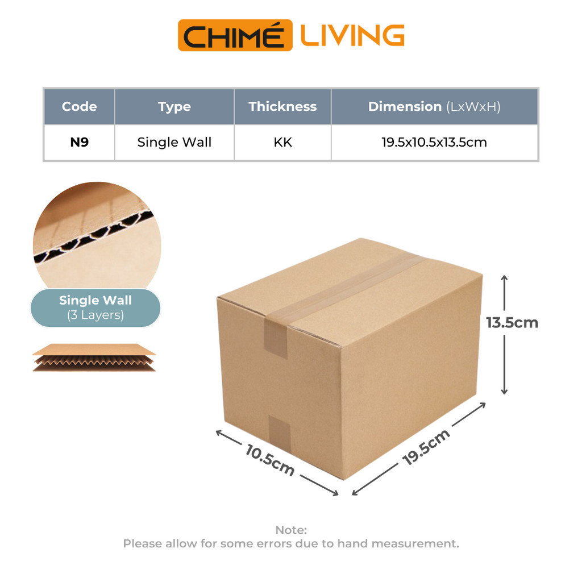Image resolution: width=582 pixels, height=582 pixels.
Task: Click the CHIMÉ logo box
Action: (x=235, y=35)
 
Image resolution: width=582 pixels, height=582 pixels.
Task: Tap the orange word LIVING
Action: (x=352, y=35)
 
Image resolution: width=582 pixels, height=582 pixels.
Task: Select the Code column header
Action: (x=79, y=106)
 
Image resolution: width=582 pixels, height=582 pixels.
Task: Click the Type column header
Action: (x=174, y=106)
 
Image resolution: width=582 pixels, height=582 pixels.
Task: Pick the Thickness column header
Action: (x=282, y=106)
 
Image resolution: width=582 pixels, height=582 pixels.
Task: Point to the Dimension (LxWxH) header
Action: (x=434, y=106)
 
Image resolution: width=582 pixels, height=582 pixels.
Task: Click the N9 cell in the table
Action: (x=79, y=142)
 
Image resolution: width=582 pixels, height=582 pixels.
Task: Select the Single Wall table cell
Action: (x=174, y=142)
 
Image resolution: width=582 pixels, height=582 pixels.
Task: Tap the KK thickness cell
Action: (x=282, y=142)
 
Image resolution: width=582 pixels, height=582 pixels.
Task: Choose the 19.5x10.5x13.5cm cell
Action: (x=434, y=142)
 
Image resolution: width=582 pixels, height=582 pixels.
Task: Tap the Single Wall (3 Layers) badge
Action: (x=95, y=307)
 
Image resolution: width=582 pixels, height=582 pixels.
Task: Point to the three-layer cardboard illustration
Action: (x=94, y=357)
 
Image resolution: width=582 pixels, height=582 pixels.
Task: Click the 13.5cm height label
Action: (x=512, y=323)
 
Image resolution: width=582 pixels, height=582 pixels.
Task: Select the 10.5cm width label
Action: (x=270, y=460)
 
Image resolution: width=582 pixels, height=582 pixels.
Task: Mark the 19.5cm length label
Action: (x=426, y=447)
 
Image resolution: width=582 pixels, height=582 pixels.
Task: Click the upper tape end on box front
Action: (x=276, y=335)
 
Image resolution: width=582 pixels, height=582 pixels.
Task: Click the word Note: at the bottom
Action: (x=291, y=530)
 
